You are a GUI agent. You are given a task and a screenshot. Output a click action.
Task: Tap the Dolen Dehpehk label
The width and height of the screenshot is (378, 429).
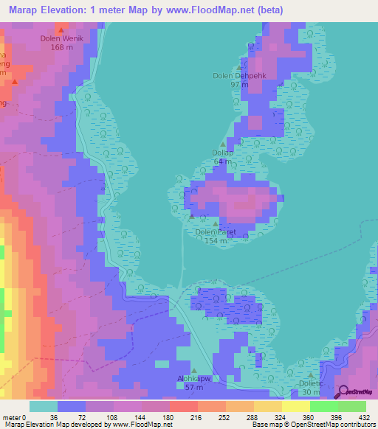(250, 75)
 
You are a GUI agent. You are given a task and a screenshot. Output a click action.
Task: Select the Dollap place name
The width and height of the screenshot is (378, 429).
(223, 153)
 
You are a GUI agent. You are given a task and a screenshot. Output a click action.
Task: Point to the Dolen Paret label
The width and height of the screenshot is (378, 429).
(215, 232)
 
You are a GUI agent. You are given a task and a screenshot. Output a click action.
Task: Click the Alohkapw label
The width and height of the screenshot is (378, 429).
(194, 378)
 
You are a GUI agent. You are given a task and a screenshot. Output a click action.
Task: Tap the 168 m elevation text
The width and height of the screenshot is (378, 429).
(62, 46)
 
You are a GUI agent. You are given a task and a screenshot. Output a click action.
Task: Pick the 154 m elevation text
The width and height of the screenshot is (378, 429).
(215, 241)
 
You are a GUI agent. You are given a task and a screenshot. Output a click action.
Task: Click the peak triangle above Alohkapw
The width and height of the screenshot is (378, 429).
(195, 370)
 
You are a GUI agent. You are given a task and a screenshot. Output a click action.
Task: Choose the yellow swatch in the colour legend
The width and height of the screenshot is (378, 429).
(295, 406)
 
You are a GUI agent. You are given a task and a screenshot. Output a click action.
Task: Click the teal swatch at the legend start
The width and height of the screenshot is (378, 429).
(44, 406)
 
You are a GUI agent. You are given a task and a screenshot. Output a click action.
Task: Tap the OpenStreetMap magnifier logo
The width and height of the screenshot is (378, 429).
(342, 391)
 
